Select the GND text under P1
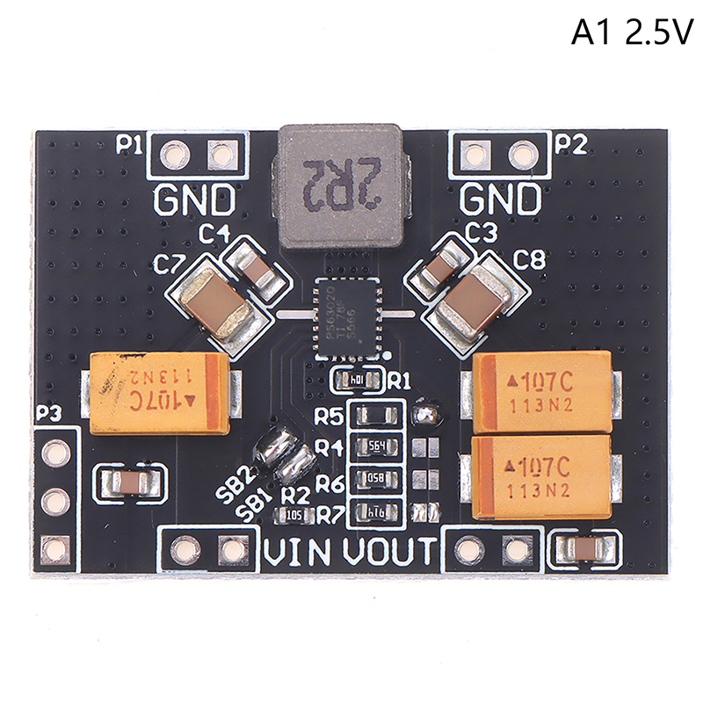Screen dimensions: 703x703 pos(195,201)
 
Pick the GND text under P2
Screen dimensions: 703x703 pos(501,201)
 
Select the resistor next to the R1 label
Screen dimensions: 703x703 pos(357,380)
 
